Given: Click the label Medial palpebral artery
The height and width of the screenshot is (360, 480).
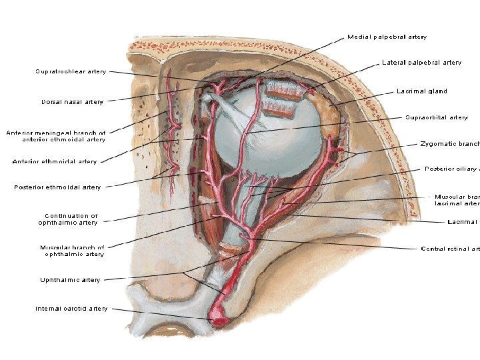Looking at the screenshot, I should (387, 37).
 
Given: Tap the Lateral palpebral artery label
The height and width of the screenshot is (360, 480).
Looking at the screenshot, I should (421, 63).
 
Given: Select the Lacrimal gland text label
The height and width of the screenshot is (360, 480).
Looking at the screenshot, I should (421, 91).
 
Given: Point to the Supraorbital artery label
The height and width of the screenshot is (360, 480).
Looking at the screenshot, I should (437, 118).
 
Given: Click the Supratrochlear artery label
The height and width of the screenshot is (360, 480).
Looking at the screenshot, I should (70, 71).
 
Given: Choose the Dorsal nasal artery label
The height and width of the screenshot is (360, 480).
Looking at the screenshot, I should (72, 102).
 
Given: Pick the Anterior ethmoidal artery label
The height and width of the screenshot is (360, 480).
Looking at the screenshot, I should (55, 161).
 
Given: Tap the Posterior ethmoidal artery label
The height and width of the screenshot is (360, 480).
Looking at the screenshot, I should (57, 187).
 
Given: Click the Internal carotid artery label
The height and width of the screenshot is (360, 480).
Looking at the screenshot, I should (71, 309).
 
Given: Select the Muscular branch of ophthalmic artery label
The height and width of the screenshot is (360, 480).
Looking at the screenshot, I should (72, 251).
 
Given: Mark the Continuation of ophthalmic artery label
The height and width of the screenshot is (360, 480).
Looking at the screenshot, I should (71, 219).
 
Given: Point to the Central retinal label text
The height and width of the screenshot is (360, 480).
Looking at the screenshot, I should (450, 249).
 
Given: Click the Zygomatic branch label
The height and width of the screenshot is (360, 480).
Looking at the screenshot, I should (450, 144).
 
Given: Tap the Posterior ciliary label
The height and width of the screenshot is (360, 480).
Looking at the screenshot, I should (452, 169).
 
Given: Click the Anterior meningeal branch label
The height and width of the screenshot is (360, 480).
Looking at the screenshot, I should (56, 136).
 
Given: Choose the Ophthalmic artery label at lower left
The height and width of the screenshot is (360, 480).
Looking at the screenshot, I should (70, 280).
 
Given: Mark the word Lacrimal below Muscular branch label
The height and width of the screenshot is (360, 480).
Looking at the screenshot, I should (463, 221).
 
